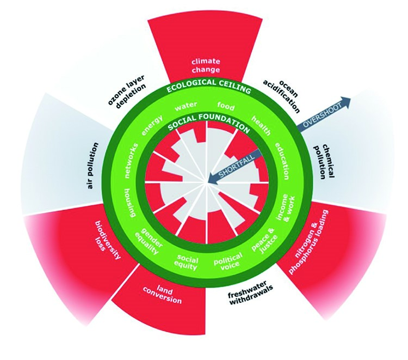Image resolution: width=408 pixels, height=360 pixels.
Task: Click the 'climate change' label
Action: [206, 65]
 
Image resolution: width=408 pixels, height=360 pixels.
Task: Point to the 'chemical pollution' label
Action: [324, 162]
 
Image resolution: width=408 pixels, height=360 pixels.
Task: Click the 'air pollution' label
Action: [92, 166]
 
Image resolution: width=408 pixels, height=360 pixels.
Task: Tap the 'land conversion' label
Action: [162, 295]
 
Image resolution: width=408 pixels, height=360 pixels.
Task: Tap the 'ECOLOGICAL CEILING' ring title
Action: [208, 86]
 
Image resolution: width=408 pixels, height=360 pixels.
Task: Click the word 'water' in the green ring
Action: [186, 106]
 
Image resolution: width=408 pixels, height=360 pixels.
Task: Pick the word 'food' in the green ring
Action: [226, 106]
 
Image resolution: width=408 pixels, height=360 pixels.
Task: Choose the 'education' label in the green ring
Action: [282, 161]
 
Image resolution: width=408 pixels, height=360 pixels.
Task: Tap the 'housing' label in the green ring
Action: [129, 203]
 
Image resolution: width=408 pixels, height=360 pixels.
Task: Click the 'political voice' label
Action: [228, 260]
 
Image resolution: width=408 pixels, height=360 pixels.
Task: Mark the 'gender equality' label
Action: [149, 241]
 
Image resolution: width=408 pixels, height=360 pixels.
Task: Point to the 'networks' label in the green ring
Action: [131, 161]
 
